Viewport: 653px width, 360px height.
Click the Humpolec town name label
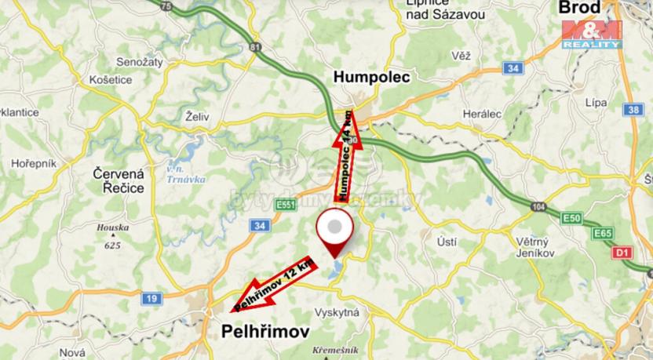pos(372,77)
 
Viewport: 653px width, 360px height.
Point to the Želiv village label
pos(197,116)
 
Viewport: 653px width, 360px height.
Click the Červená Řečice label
pos(119,180)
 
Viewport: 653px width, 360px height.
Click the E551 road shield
pos(286,205)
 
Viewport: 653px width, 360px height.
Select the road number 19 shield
pos(152,298)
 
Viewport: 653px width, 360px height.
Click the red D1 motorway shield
pos(622,253)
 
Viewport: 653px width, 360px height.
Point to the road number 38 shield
pos(634,110)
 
